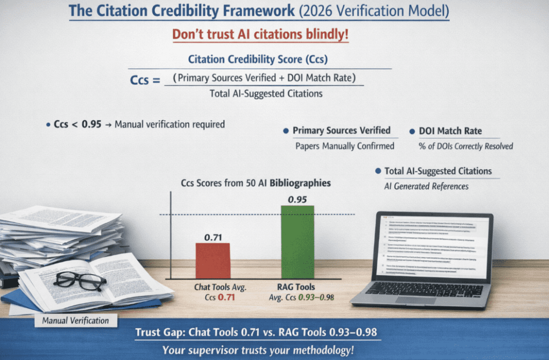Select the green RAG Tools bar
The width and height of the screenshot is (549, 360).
coord(298,242)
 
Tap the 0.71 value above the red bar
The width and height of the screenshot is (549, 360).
coord(213,236)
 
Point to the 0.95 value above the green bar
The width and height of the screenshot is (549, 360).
coord(297,200)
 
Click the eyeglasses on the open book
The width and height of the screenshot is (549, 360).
coord(80,280)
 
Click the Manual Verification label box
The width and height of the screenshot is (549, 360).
coord(72,321)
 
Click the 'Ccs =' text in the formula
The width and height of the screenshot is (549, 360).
coord(146,81)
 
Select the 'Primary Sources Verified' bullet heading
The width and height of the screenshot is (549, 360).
coord(341,130)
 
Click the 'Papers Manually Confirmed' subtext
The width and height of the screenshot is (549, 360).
coord(345,146)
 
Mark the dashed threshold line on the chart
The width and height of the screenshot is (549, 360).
coord(252,215)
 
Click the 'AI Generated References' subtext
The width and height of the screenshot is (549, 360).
coord(426,186)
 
